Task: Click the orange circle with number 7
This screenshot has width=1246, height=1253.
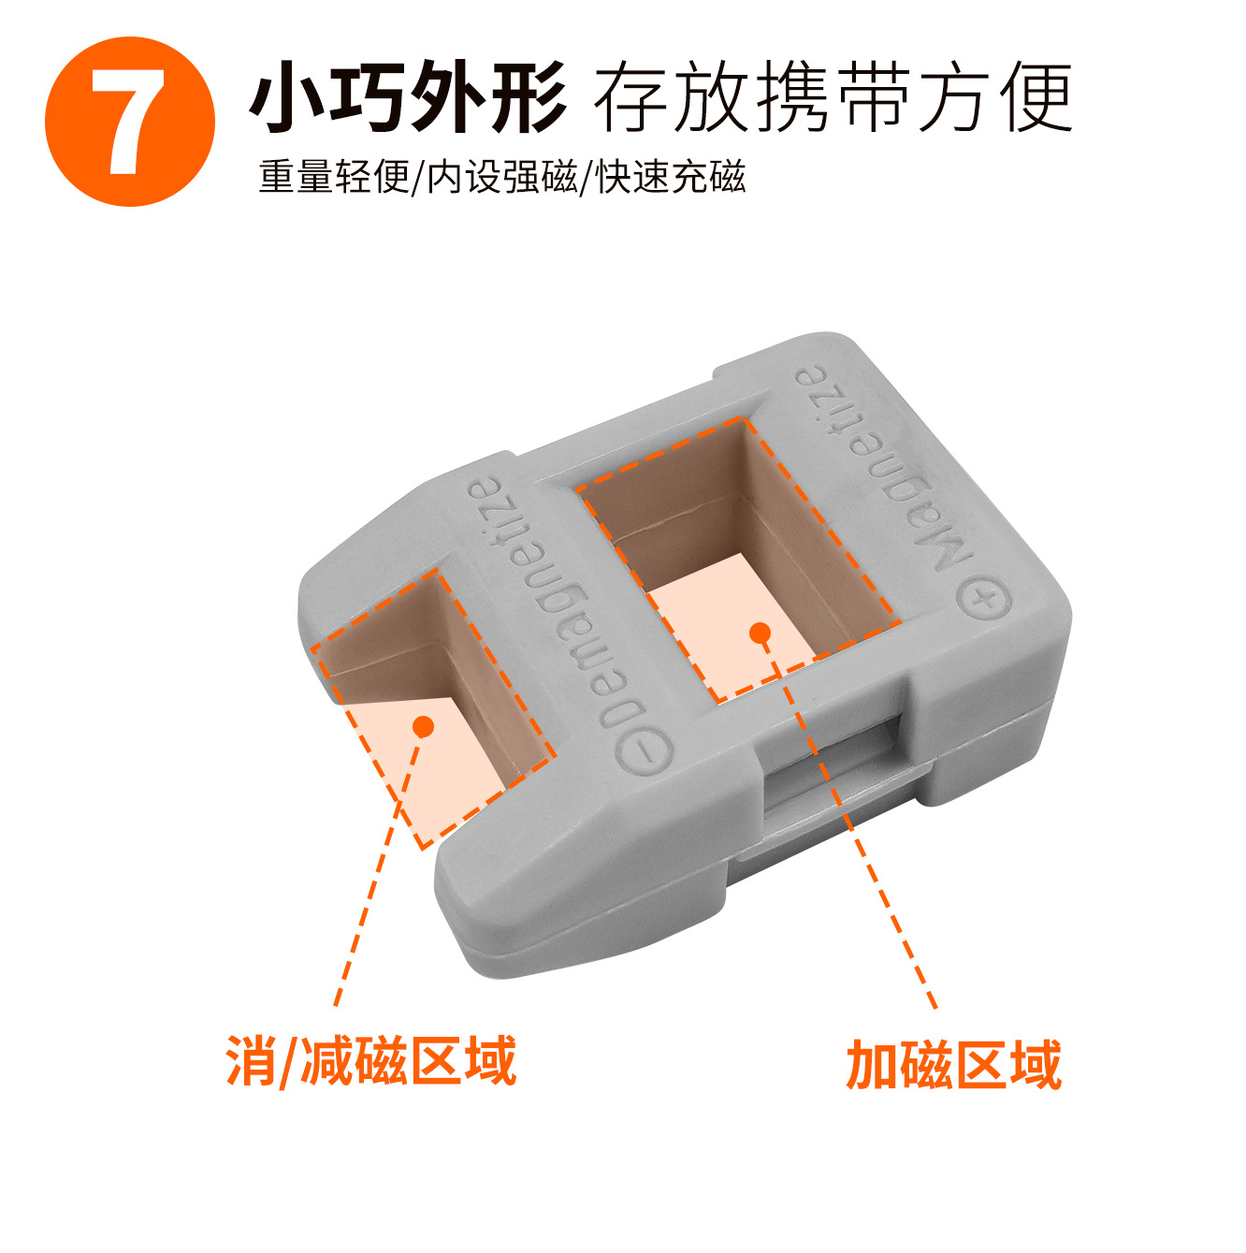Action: click(129, 122)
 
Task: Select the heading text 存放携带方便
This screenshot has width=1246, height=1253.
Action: click(833, 97)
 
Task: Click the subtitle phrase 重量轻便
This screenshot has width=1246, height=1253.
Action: click(334, 176)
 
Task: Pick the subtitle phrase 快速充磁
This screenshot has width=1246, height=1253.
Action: click(671, 176)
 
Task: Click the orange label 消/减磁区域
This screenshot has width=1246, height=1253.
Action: click(370, 1061)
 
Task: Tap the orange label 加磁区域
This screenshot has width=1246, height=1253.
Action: click(953, 1063)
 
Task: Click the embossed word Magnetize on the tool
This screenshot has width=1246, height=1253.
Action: click(883, 467)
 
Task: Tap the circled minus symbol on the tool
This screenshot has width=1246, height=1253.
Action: click(645, 751)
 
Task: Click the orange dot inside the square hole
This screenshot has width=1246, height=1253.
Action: click(760, 632)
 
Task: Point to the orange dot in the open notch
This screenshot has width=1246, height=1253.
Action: click(424, 726)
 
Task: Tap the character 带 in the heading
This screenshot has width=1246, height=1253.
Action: click(874, 97)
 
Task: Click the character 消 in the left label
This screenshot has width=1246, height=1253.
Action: click(252, 1061)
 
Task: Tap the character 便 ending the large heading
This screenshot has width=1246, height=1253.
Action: click(1036, 97)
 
